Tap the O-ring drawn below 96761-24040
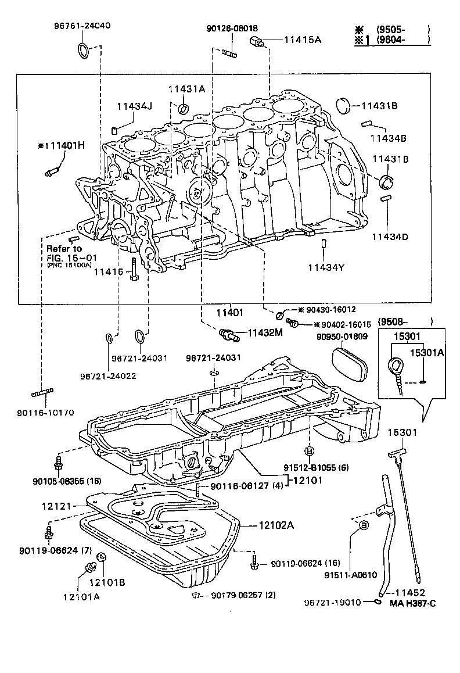(x=84, y=51)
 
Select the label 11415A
(x=302, y=40)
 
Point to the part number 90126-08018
(x=232, y=28)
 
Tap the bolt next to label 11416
(x=134, y=270)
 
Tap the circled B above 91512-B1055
(x=309, y=451)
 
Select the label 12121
(x=56, y=506)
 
